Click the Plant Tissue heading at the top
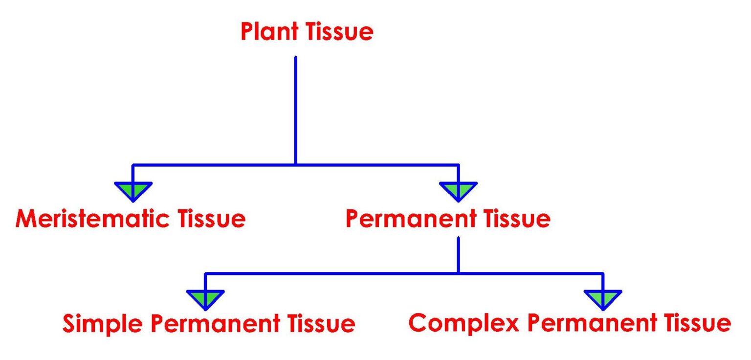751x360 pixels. pyautogui.click(x=307, y=32)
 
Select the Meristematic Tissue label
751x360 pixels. pyautogui.click(x=130, y=219)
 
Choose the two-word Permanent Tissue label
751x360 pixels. pyautogui.click(x=448, y=219)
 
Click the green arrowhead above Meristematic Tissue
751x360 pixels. pyautogui.click(x=133, y=190)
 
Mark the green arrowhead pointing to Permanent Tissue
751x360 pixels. pyautogui.click(x=458, y=190)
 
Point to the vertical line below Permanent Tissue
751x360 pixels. pyautogui.click(x=458, y=254)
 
